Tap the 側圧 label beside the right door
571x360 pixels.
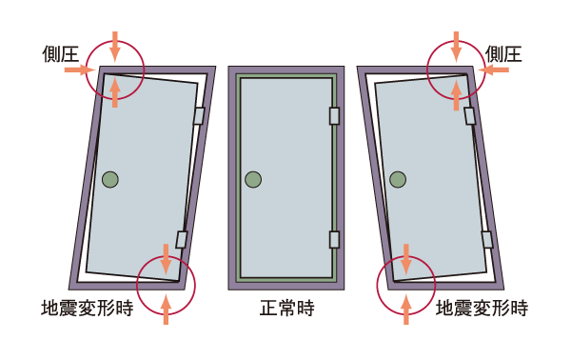(x=503, y=53)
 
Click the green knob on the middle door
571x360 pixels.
(x=252, y=178)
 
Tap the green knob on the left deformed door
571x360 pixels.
(x=110, y=178)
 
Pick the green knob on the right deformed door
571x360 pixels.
(x=397, y=178)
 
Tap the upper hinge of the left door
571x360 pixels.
(x=199, y=116)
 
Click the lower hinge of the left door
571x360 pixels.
(x=181, y=239)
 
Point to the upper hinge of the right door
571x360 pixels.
(x=470, y=116)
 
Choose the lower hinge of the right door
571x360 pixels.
(x=487, y=239)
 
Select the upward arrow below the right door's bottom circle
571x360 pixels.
(x=406, y=309)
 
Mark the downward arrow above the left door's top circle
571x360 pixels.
(x=114, y=44)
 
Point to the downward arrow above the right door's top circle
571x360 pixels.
(x=456, y=44)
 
